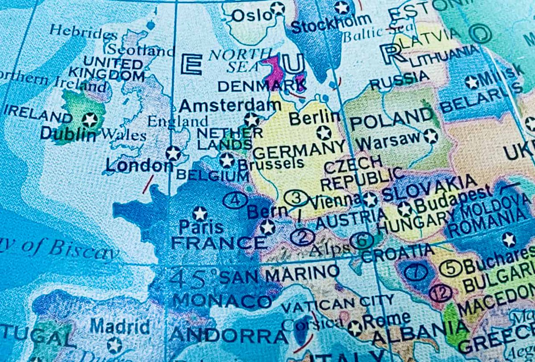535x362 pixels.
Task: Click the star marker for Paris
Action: [x=200, y=214]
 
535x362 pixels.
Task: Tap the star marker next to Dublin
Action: [x=90, y=119]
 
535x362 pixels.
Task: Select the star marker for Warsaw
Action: [x=430, y=136]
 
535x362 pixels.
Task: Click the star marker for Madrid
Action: [x=115, y=345]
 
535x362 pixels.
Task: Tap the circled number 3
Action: [x=296, y=198]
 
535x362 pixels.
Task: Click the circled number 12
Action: [x=440, y=293]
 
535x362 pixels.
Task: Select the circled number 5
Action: [x=451, y=268]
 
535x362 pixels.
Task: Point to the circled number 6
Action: [x=362, y=241]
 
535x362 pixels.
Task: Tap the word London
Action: [x=139, y=166]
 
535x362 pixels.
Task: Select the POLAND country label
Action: [x=391, y=119]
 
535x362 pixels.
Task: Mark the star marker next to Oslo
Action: [x=277, y=8]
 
